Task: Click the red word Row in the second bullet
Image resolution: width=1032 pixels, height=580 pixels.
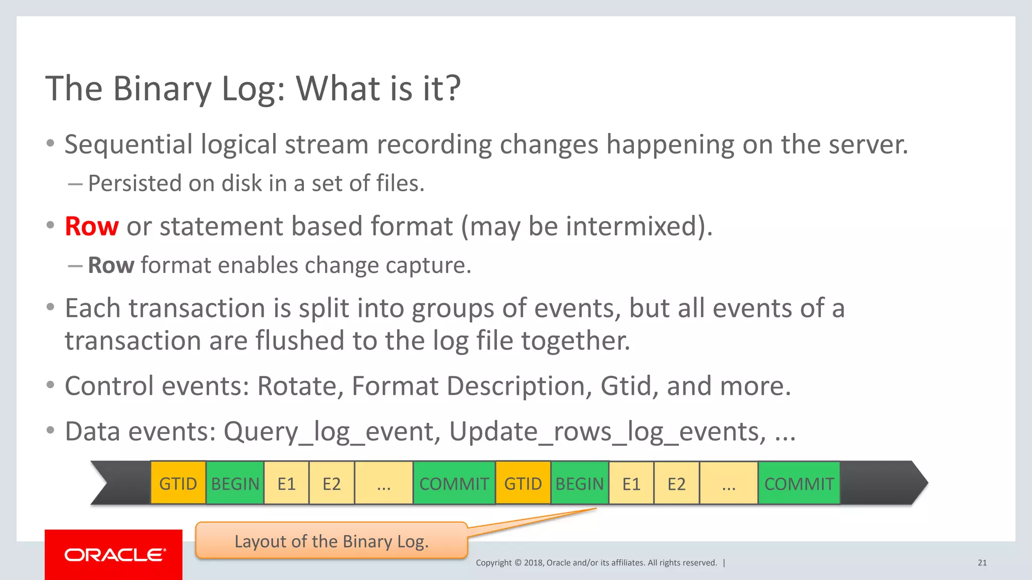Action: (x=92, y=226)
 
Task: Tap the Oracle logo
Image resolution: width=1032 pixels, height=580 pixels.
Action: (x=114, y=555)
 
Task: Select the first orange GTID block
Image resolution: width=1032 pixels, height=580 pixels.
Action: (x=178, y=483)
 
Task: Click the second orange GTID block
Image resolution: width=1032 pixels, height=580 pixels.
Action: (x=523, y=483)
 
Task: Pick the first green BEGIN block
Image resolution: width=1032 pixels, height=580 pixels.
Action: (x=235, y=483)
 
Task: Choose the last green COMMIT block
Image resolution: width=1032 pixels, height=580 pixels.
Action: (x=799, y=483)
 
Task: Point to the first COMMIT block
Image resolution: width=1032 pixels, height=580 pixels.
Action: (x=454, y=483)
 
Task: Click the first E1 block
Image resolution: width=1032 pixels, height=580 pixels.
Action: (x=286, y=483)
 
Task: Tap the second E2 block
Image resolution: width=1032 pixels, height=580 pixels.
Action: (x=676, y=483)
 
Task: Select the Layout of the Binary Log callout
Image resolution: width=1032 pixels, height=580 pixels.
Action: (x=331, y=541)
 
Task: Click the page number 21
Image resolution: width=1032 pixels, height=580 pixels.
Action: (x=982, y=563)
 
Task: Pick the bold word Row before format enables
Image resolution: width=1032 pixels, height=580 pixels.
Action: (x=111, y=265)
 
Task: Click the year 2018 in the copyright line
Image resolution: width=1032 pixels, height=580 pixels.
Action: (x=533, y=563)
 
